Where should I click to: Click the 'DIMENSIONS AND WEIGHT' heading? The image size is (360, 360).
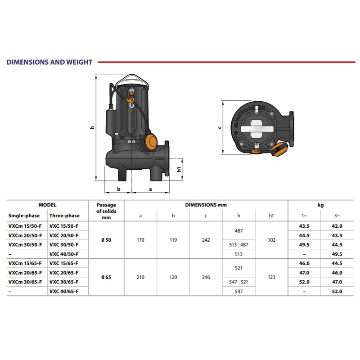(x=49, y=62)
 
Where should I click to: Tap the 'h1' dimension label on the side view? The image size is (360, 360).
(x=179, y=169)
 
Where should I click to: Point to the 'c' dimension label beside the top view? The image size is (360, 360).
(x=220, y=127)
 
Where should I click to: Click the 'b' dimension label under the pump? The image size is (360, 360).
(x=118, y=189)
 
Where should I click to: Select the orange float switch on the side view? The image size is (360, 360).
(x=151, y=142)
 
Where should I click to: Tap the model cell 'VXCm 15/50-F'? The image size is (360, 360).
(x=25, y=226)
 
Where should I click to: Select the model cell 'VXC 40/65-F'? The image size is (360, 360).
(x=64, y=291)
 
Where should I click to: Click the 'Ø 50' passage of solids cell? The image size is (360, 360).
(x=106, y=240)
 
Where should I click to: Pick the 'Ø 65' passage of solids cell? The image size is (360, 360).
(x=106, y=277)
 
